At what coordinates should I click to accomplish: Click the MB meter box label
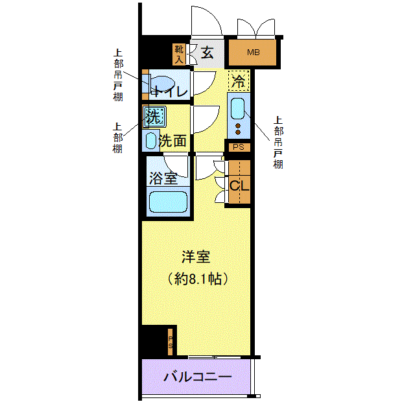click(254, 53)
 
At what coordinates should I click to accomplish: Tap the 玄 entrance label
click(207, 53)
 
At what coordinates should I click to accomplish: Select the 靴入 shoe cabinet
click(179, 54)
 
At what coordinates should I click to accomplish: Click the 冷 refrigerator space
click(239, 81)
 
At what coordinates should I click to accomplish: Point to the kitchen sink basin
click(238, 109)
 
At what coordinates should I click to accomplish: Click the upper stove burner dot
click(238, 126)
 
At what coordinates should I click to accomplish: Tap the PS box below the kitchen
click(238, 147)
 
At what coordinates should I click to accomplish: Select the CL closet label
click(239, 186)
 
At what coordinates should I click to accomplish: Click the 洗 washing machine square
click(154, 117)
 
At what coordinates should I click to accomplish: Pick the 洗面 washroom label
click(172, 141)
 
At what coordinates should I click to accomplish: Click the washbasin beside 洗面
click(150, 141)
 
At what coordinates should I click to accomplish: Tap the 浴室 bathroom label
click(163, 178)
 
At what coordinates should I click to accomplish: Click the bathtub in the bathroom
click(168, 202)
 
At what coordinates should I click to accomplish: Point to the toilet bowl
click(161, 84)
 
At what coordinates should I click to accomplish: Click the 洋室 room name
click(196, 257)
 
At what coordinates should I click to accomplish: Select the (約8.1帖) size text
click(197, 279)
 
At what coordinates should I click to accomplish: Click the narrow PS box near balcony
click(171, 342)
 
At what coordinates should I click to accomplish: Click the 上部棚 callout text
click(117, 138)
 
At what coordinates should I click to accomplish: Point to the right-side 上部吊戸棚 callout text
click(278, 143)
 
